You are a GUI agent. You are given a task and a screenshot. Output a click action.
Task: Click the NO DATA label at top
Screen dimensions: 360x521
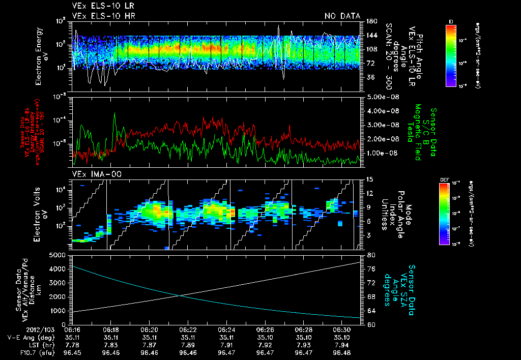[342, 16]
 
